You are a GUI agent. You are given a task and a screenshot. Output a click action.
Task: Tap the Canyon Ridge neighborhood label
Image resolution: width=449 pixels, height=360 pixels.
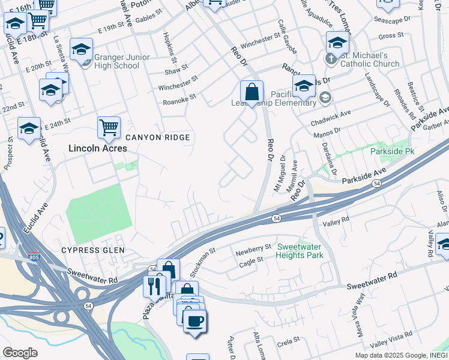157,137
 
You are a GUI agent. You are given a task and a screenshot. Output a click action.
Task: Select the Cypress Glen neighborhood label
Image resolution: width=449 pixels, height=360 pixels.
92,250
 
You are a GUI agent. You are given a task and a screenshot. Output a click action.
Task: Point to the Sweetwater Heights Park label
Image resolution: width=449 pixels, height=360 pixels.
300,251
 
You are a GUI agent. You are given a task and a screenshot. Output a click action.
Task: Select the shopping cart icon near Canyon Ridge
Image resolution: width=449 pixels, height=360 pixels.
109,127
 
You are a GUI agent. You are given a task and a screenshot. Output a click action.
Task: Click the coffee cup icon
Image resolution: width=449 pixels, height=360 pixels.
194,320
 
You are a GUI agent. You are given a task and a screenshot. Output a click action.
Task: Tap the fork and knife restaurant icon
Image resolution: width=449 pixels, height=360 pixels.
154,285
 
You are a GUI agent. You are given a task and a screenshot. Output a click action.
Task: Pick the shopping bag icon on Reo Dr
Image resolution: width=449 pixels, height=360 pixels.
252,91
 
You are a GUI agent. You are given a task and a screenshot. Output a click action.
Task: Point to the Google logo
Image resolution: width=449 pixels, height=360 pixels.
20,353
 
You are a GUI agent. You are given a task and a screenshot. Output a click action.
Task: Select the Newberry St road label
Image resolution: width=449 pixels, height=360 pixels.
254,248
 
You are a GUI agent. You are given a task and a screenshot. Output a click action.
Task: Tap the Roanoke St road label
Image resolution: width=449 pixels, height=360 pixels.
180,98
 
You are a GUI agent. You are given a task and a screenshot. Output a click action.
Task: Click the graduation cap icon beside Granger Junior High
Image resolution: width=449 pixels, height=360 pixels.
81,50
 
